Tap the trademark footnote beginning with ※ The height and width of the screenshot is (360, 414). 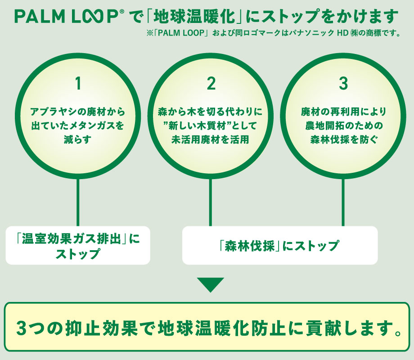[270, 33]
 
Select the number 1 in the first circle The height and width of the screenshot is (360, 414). [78, 84]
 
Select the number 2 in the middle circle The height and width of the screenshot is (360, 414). [211, 84]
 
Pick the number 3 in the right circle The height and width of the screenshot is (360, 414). [343, 84]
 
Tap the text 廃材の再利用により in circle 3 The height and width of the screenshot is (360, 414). [343, 111]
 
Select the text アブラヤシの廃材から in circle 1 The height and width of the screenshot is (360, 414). [78, 111]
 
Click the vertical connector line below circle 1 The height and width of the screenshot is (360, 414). [78, 202]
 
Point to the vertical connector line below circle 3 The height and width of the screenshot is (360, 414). [343, 202]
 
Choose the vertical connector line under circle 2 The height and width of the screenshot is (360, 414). [210, 202]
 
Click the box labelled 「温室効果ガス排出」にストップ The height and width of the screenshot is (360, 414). [77, 246]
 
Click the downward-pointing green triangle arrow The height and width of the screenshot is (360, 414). [210, 284]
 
